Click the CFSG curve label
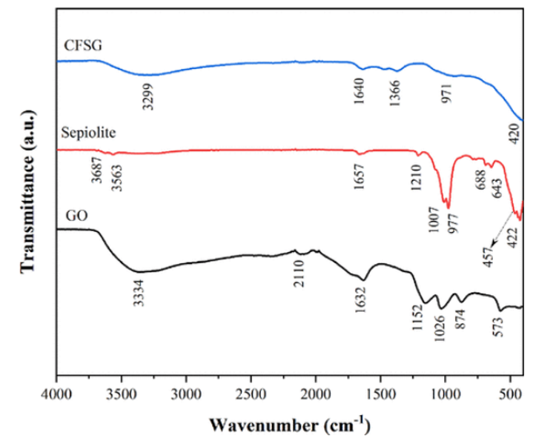[x=82, y=46]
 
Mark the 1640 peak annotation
[x=360, y=93]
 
